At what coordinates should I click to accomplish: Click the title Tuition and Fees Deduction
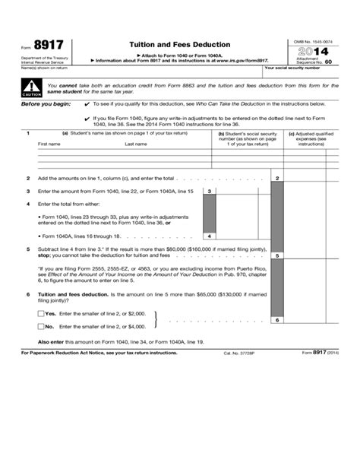180,45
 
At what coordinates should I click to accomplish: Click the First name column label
49,143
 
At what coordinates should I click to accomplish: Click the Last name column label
136,143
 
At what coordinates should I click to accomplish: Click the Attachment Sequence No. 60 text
317,60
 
